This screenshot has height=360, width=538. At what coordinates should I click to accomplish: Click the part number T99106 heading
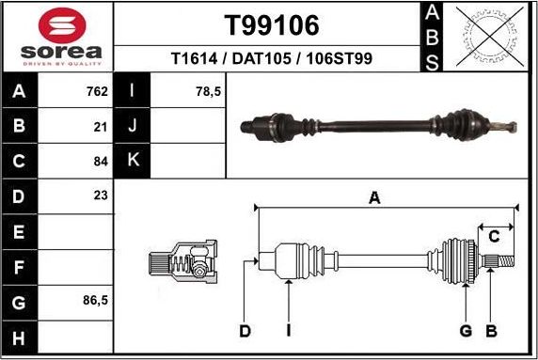271,24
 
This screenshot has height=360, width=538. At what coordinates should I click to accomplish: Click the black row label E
21,231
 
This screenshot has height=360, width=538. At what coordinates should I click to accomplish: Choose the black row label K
133,161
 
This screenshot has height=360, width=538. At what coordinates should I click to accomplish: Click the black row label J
133,126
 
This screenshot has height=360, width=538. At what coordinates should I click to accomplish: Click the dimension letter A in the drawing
374,197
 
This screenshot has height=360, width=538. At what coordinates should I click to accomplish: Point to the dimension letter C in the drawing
493,235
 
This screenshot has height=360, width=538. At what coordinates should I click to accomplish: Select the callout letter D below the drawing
245,331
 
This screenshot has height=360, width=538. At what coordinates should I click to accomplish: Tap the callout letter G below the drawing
465,331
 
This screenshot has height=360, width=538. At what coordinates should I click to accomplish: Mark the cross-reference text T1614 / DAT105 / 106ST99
271,58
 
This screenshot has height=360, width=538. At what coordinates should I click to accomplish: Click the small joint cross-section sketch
182,262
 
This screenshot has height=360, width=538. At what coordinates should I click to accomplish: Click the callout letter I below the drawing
289,331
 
